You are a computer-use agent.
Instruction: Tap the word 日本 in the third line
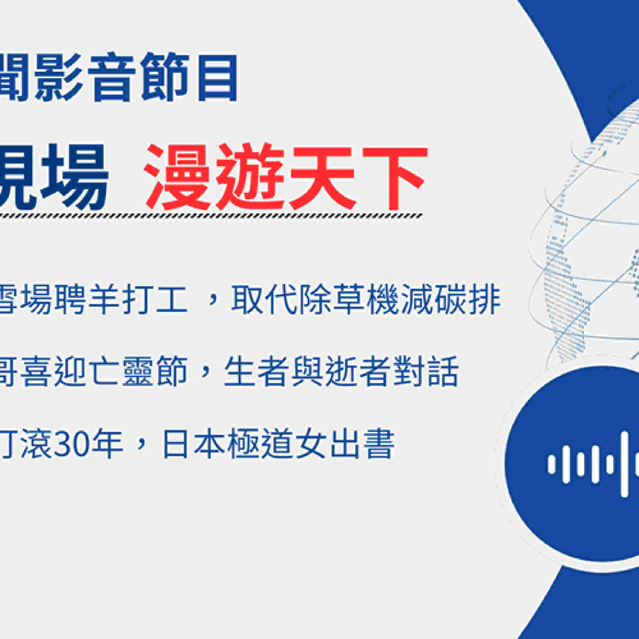point(193,443)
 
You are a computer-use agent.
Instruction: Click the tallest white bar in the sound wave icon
point(624,464)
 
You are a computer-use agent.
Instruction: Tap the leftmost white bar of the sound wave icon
point(551,464)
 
